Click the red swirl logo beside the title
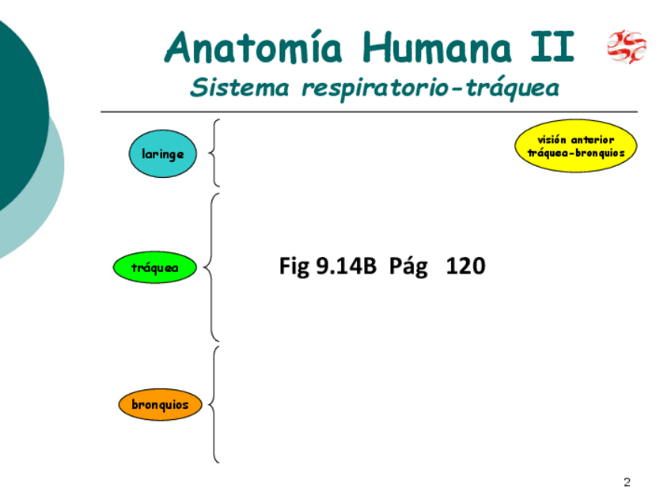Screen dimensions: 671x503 [627, 47]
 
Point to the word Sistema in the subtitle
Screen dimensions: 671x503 [240, 88]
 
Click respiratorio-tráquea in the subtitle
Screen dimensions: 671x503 [430, 89]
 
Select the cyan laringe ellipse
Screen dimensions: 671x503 [162, 153]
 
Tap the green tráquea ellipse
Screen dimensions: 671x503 [155, 268]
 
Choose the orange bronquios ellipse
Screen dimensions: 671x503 [161, 405]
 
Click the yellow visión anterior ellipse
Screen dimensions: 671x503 [575, 146]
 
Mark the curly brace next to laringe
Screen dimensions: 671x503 [214, 153]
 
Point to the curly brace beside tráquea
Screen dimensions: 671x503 [211, 267]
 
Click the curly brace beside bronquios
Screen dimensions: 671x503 [214, 404]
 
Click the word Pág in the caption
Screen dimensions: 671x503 [408, 267]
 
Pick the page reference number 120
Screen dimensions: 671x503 [465, 267]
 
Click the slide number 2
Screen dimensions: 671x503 [627, 482]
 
